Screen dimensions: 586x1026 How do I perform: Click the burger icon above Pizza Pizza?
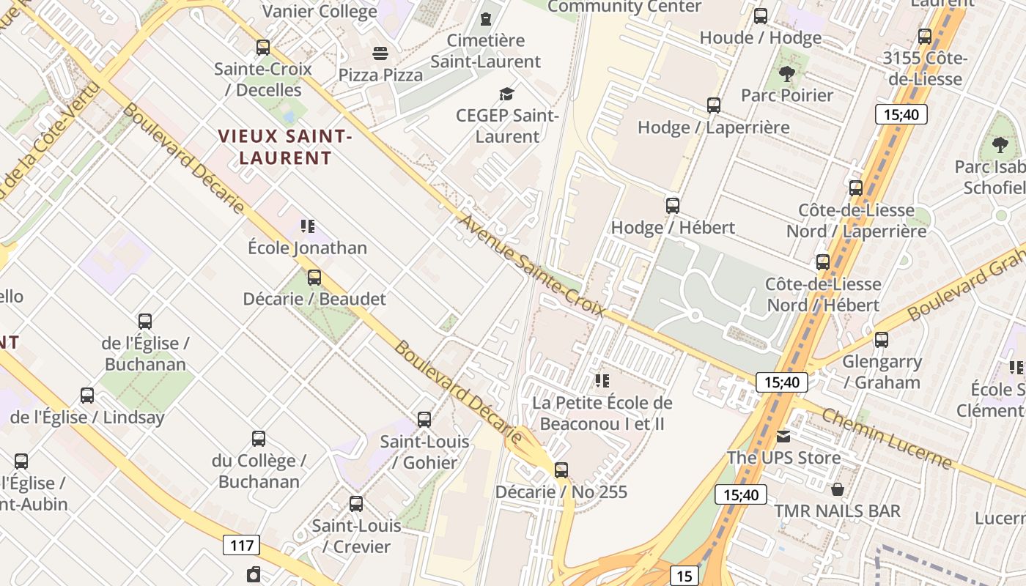point(380,53)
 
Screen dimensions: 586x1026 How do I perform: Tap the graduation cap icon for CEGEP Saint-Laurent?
point(506,94)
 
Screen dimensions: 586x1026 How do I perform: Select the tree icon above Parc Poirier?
point(787,73)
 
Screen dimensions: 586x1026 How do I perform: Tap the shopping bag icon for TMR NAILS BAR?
point(838,489)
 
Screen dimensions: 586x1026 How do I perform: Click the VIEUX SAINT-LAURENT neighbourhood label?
point(285,146)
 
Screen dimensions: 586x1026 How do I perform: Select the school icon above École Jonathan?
point(307,226)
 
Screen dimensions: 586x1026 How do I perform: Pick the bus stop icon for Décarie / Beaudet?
point(314,278)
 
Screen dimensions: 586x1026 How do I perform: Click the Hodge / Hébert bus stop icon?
point(673,206)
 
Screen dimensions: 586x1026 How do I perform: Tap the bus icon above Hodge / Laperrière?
point(714,105)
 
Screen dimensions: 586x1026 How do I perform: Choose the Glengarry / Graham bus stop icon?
point(881,340)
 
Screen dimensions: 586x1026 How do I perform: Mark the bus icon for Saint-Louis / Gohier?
point(424,420)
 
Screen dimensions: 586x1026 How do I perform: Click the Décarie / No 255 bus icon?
point(561,470)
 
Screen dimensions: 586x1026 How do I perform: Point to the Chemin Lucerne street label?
point(886,438)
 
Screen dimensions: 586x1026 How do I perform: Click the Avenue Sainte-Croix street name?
point(532,265)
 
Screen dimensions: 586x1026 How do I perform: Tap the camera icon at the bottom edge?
point(254,574)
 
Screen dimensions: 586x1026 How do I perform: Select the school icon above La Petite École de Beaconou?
point(602,381)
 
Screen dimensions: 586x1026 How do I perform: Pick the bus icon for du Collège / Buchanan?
point(259,439)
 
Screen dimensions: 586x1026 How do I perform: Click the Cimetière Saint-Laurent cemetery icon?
point(485,19)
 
